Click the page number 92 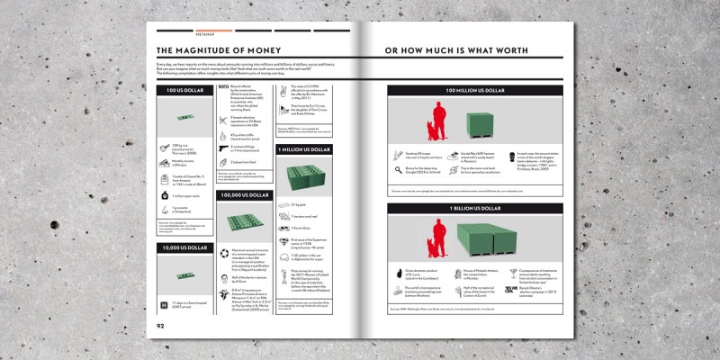pyautogui.click(x=160, y=326)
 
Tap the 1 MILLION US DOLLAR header pyautogui.click(x=305, y=148)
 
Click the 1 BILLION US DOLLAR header pyautogui.click(x=475, y=208)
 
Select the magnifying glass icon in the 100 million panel pyautogui.click(x=397, y=169)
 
